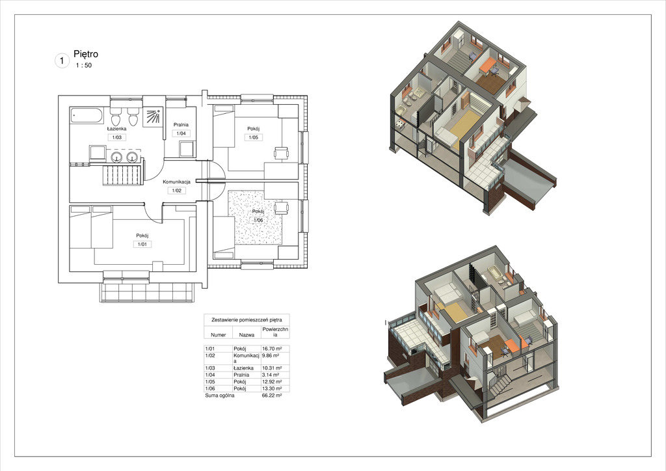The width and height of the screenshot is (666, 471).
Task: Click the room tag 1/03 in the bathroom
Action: (117, 137)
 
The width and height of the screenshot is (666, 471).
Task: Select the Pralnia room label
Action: (181, 125)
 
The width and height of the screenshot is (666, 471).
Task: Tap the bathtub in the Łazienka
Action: (87, 115)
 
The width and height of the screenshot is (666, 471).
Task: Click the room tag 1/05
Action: (253, 137)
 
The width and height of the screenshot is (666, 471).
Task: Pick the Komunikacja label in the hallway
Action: (177, 182)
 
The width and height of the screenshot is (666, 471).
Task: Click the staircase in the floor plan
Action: (121, 174)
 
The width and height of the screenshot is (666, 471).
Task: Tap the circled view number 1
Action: (62, 61)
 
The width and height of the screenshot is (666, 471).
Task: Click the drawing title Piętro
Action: (86, 54)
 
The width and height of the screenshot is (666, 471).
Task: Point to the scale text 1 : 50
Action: (84, 66)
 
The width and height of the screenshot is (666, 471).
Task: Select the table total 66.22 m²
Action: (272, 396)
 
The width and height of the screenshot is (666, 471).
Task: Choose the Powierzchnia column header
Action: (275, 332)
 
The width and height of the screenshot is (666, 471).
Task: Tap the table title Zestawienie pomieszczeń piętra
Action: (246, 320)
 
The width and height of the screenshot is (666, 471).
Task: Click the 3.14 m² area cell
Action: (271, 375)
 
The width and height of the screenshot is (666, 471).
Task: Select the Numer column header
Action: (219, 334)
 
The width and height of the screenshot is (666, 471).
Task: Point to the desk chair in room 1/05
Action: (281, 152)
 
